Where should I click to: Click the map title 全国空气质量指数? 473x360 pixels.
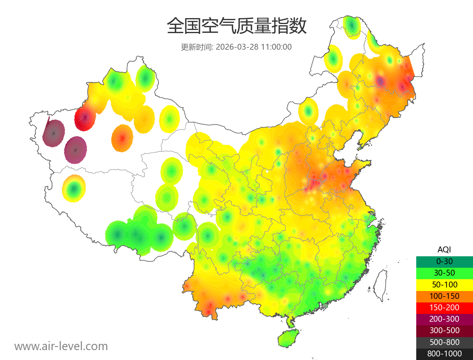pos(236,26)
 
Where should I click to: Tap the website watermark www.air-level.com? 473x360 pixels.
pos(61,346)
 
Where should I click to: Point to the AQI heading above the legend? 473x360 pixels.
pos(444,250)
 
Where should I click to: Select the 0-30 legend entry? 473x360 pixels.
pos(444,261)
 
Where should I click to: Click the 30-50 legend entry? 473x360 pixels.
pos(444,273)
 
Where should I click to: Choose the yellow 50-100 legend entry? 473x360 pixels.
pos(444,284)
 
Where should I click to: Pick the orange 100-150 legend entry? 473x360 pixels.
pos(444,296)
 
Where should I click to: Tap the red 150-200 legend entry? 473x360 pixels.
pos(444,307)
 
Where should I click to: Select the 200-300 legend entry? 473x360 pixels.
pos(444,319)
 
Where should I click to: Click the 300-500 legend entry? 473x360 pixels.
pos(444,330)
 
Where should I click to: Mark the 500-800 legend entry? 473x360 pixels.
pos(444,342)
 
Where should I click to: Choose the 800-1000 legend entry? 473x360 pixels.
pos(444,354)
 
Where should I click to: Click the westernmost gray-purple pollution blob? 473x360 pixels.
pos(54,133)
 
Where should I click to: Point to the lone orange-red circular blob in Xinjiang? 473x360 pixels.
pos(122,138)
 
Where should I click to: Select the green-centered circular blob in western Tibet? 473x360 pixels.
pos(74,188)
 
